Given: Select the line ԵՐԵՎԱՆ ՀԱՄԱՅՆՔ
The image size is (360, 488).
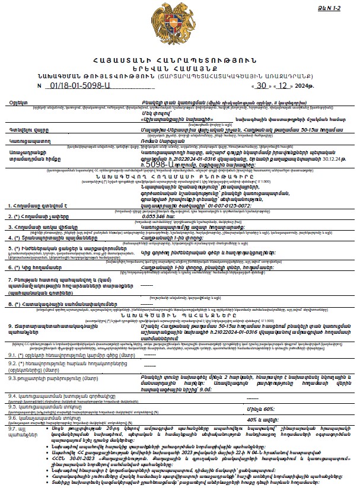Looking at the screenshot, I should (180, 69).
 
